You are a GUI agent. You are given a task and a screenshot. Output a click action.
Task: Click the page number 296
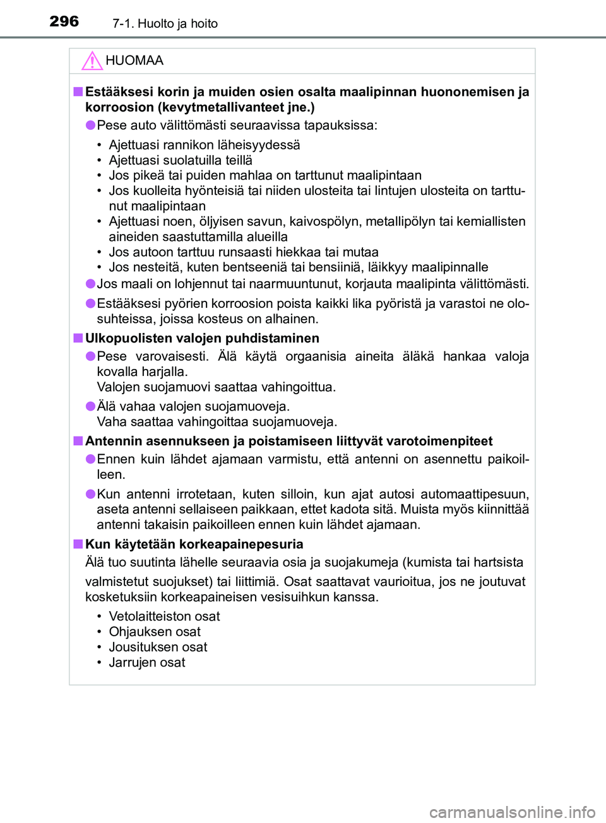coord(64,21)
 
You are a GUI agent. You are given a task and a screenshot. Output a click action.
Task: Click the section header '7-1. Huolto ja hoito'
coord(165,24)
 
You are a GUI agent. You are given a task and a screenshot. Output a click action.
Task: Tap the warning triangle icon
coord(92,61)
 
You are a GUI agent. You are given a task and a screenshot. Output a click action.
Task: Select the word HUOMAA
coord(134,61)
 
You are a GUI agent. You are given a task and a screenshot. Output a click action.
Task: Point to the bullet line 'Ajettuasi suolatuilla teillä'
coord(181,160)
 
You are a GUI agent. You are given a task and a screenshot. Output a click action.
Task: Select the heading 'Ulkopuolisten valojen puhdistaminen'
coord(202,338)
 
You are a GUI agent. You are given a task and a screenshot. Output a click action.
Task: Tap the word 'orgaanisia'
coord(316,356)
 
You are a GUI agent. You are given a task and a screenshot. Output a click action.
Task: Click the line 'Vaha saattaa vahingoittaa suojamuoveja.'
coord(217,421)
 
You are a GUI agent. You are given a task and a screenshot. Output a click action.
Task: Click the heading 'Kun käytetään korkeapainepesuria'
coord(194,544)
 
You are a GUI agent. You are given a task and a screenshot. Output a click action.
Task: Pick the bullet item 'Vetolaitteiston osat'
coord(164,616)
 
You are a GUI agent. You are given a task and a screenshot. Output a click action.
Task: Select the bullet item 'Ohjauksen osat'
coord(155,631)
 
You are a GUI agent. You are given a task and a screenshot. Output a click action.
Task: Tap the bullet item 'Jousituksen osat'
coord(158,647)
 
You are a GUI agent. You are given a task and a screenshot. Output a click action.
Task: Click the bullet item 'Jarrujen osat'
coord(147,662)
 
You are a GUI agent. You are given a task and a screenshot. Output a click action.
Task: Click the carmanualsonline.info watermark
coord(512,812)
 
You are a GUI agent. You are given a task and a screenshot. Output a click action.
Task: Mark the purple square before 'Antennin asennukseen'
coord(78,441)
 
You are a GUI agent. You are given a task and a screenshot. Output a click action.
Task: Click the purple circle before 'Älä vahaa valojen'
coord(91,406)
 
